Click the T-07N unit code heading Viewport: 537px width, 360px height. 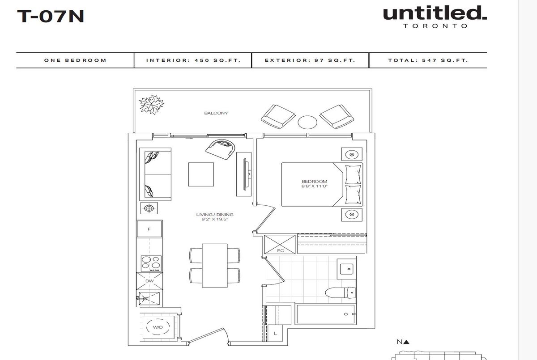click(x=50, y=16)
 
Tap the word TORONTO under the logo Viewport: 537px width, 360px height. click(x=435, y=26)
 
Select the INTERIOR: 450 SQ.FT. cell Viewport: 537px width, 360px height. click(x=193, y=60)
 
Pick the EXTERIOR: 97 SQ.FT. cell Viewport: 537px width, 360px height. click(x=310, y=60)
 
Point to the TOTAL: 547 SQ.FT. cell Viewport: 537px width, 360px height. click(x=428, y=60)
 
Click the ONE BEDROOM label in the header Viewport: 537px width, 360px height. click(x=75, y=60)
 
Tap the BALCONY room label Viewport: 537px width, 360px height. click(x=216, y=113)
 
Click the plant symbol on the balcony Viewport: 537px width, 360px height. click(x=151, y=105)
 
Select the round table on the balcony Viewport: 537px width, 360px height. click(x=307, y=122)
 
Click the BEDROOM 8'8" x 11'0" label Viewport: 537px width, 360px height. click(x=314, y=184)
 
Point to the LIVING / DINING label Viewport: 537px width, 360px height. click(x=214, y=215)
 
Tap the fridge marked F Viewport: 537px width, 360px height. click(x=149, y=229)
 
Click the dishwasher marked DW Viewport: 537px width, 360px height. click(x=149, y=281)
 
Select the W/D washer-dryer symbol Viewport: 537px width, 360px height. click(x=158, y=327)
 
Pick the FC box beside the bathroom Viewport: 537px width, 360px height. click(x=280, y=244)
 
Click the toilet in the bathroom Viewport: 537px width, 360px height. click(x=340, y=292)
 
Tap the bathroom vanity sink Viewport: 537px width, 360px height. click(x=347, y=269)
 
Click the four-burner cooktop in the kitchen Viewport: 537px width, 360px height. click(x=151, y=264)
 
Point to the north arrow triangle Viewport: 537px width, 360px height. click(x=406, y=342)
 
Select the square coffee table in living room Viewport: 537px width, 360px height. click(x=201, y=174)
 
